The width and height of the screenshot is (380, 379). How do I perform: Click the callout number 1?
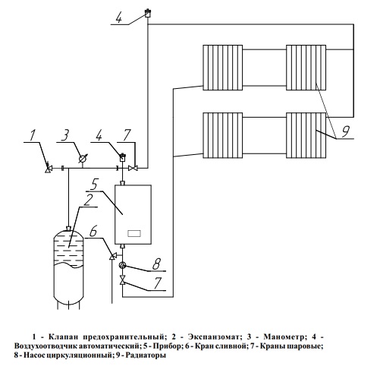coord(32,135)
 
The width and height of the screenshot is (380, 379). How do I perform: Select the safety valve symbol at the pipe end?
coord(48,168)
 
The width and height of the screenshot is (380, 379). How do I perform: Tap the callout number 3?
coord(65,135)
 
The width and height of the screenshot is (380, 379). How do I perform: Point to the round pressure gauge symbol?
coord(82,159)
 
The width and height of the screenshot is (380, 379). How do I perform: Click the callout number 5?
coord(94,184)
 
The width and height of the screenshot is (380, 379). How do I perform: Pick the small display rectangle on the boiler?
coord(134,233)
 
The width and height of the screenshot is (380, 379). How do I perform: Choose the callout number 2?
coord(88,200)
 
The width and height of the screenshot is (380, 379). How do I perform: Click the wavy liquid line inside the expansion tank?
coord(68,265)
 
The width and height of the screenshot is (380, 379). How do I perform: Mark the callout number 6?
coord(93,231)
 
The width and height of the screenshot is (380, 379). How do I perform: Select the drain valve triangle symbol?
coord(112,256)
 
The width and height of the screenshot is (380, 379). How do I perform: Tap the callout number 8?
coord(156,264)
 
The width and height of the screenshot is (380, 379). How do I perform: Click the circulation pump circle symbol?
coord(123,265)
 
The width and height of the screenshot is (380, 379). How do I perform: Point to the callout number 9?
coord(345,131)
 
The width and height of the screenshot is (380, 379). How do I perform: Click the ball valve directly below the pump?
coord(123,280)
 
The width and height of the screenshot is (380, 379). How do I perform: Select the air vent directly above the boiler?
coord(122,157)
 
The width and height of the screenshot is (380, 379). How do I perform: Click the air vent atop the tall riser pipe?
coord(147,13)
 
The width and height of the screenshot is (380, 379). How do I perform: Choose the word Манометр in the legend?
coord(284,337)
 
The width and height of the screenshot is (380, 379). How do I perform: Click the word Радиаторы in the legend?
coord(146,355)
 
